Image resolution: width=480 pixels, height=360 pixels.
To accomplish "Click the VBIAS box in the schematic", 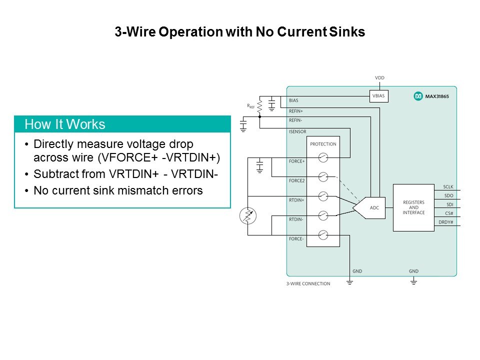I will (378, 96).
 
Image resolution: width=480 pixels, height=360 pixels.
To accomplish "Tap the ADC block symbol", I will (370, 207).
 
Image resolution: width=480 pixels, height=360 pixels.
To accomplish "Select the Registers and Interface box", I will (413, 207).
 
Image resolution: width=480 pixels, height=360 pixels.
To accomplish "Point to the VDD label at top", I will (379, 78).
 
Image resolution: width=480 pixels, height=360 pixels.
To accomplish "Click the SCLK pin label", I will (448, 187).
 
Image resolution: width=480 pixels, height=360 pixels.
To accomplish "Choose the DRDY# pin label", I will (445, 221).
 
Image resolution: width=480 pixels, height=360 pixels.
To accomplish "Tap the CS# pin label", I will (448, 213).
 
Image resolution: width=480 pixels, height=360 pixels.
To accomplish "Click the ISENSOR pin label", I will (297, 132).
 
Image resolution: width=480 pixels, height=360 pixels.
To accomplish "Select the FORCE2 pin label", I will (296, 180).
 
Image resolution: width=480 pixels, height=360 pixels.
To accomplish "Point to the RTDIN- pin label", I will (296, 219).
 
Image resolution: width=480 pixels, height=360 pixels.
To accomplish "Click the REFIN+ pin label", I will (296, 111).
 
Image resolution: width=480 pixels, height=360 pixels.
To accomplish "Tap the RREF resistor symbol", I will (260, 106).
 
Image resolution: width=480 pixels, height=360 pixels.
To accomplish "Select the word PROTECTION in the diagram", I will (323, 144).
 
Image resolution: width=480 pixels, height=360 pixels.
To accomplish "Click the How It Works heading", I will (65, 124).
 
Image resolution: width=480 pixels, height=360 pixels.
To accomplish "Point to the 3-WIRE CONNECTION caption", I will (308, 283).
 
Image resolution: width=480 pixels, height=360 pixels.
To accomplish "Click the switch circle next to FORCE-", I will (323, 234).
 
